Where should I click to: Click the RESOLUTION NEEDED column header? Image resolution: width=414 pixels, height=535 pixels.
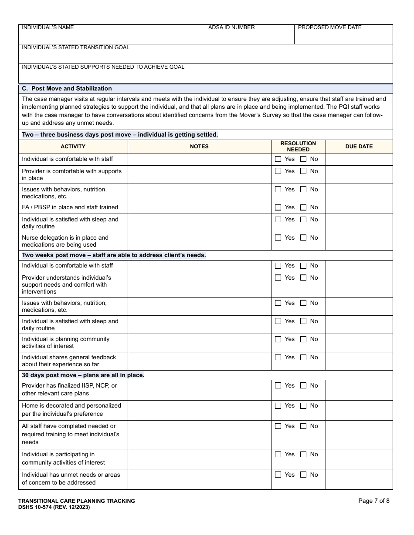tap(298, 147)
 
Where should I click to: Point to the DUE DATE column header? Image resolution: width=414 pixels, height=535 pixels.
tap(359, 147)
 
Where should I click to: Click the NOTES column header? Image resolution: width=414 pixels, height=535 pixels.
tap(199, 147)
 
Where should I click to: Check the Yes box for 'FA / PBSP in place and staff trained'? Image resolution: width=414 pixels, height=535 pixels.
tap(278, 207)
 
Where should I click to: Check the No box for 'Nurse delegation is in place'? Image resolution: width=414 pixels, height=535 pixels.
tap(303, 238)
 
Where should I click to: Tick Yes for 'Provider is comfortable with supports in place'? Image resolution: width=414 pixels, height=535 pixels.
tap(278, 171)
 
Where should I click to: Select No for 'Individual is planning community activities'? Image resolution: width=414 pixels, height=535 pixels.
tap(303, 339)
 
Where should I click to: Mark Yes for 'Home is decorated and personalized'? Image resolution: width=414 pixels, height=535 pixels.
tap(278, 406)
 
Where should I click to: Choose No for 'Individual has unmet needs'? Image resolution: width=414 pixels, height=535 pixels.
tap(303, 475)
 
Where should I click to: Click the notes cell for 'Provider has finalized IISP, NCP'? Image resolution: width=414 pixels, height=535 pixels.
tap(199, 390)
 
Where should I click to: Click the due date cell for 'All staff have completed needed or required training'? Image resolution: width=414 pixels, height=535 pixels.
tap(359, 434)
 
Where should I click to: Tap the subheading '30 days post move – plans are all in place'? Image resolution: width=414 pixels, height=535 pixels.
tap(83, 375)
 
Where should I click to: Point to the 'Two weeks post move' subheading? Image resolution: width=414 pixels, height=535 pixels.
tap(114, 255)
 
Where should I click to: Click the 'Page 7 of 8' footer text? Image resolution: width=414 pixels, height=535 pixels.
tap(373, 501)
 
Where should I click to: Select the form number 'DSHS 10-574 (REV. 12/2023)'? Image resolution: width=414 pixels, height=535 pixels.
tap(54, 507)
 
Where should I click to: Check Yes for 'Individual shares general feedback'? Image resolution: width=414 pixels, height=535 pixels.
tap(278, 358)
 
